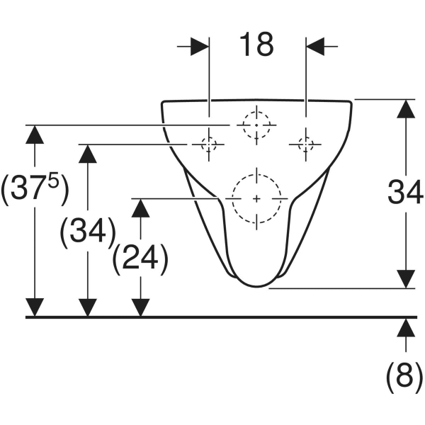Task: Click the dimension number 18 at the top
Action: click(256, 45)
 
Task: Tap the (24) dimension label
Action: click(140, 260)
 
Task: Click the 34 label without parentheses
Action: click(405, 191)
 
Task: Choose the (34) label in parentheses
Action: click(88, 232)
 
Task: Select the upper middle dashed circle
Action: click(256, 125)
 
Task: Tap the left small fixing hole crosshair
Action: click(209, 144)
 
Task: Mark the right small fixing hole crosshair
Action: click(306, 144)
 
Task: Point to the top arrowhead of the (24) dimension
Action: click(141, 208)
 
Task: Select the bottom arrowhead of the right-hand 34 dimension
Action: click(405, 278)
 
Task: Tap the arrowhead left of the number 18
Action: click(200, 47)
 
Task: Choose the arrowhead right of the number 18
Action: click(315, 47)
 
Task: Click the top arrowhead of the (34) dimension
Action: click(88, 154)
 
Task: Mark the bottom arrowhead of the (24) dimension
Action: click(141, 307)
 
